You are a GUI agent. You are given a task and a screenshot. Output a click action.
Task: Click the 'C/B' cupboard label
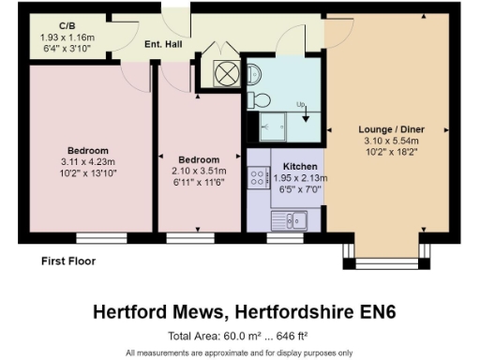pyautogui.click(x=67, y=25)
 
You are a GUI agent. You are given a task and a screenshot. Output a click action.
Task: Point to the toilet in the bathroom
pyautogui.click(x=260, y=97)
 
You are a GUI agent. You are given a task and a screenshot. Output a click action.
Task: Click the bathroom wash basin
pyautogui.click(x=257, y=68)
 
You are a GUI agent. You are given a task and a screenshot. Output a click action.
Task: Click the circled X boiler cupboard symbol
pyautogui.click(x=228, y=74)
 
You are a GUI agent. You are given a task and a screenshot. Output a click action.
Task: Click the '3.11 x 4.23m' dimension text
pyautogui.click(x=87, y=161)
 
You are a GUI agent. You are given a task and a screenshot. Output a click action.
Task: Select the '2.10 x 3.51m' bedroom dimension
pyautogui.click(x=195, y=171)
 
